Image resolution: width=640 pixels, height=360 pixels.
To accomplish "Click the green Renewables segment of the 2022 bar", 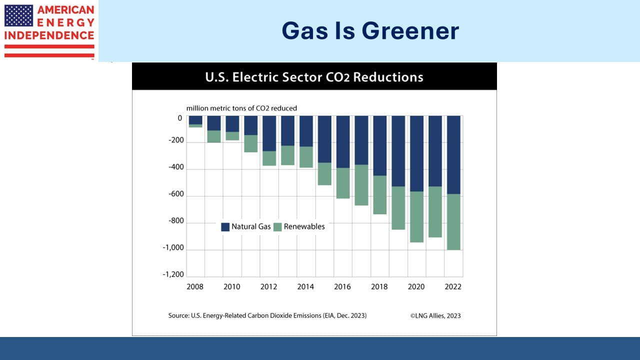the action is pyautogui.click(x=453, y=222).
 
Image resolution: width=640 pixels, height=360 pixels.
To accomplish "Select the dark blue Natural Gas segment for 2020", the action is pyautogui.click(x=416, y=153).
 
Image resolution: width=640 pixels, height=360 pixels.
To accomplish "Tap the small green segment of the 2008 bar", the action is pyautogui.click(x=195, y=125).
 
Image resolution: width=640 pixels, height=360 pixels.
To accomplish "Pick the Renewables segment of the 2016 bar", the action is pyautogui.click(x=343, y=183).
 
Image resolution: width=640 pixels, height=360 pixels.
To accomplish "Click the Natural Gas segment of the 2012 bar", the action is pyautogui.click(x=269, y=133).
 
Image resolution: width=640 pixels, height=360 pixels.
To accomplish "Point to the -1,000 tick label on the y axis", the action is pyautogui.click(x=173, y=247).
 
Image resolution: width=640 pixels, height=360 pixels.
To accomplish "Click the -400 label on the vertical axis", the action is pyautogui.click(x=176, y=167).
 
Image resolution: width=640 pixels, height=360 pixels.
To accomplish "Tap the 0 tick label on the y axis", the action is pyautogui.click(x=179, y=118).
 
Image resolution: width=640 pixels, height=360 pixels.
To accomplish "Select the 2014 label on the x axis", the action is pyautogui.click(x=305, y=286).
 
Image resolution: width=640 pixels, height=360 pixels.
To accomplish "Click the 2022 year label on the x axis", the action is pyautogui.click(x=453, y=286).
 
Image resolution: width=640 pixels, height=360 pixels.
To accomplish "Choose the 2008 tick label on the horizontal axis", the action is pyautogui.click(x=195, y=286).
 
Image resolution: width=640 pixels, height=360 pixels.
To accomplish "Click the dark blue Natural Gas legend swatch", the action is pyautogui.click(x=225, y=227).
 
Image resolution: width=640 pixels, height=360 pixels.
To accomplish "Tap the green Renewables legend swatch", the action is pyautogui.click(x=277, y=227).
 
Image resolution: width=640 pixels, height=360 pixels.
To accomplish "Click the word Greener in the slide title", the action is pyautogui.click(x=410, y=31).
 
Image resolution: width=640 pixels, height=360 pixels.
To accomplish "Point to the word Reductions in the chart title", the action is pyautogui.click(x=388, y=77).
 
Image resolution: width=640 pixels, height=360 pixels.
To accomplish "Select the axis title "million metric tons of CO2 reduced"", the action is pyautogui.click(x=241, y=108).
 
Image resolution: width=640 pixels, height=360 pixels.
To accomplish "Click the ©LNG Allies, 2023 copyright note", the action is pyautogui.click(x=435, y=315).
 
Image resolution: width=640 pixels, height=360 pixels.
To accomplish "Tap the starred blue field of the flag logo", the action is pyautogui.click(x=18, y=15).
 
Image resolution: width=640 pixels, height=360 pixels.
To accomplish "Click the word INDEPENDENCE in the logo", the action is pyautogui.click(x=49, y=35).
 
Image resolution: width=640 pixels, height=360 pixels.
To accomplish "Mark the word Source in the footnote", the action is pyautogui.click(x=178, y=315).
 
